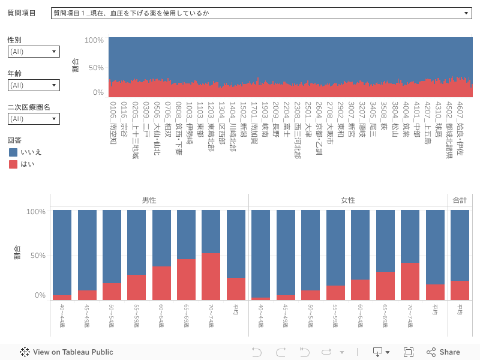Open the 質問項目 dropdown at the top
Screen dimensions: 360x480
[261, 13]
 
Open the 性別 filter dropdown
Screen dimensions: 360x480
[34, 52]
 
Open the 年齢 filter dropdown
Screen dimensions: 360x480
[34, 85]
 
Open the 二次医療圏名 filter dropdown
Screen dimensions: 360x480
[34, 119]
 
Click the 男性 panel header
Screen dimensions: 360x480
[149, 200]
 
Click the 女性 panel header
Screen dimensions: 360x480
[348, 200]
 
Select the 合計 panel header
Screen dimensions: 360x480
[460, 200]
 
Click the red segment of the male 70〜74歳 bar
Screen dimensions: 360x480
[211, 277]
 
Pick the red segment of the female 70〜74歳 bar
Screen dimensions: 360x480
[410, 281]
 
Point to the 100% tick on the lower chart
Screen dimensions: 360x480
[36, 212]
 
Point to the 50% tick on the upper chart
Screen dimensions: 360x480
[96, 68]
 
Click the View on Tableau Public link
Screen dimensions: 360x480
[67, 352]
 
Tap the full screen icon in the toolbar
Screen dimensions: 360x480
[409, 352]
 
